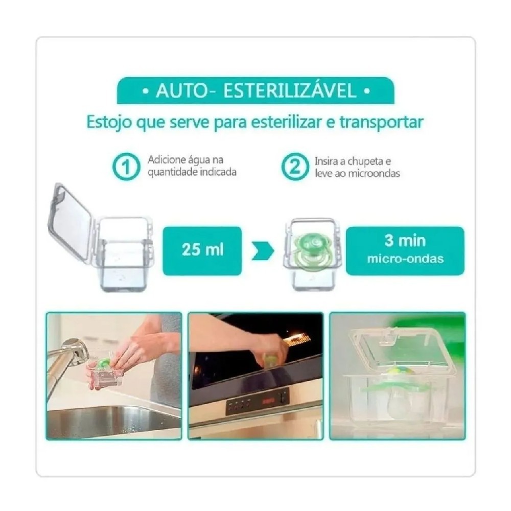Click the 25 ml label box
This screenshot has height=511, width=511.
[x=202, y=250]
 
